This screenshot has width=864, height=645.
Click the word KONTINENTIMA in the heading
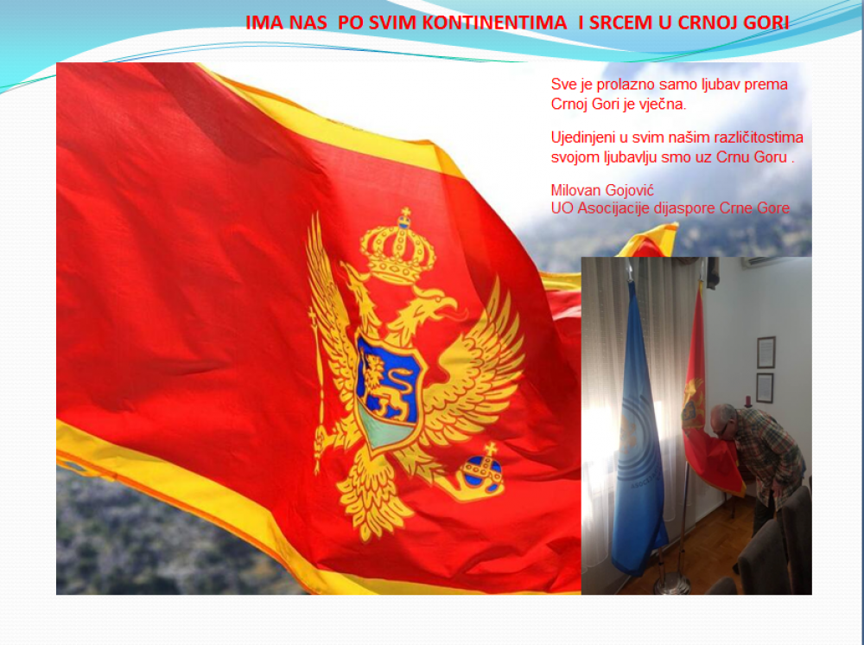coord(494,22)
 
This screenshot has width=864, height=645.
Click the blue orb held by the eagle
coord(483,472)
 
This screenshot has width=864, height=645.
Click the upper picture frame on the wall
coord(766,352)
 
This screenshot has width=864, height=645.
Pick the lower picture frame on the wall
coord(765,387)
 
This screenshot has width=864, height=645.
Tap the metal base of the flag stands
coord(671,583)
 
